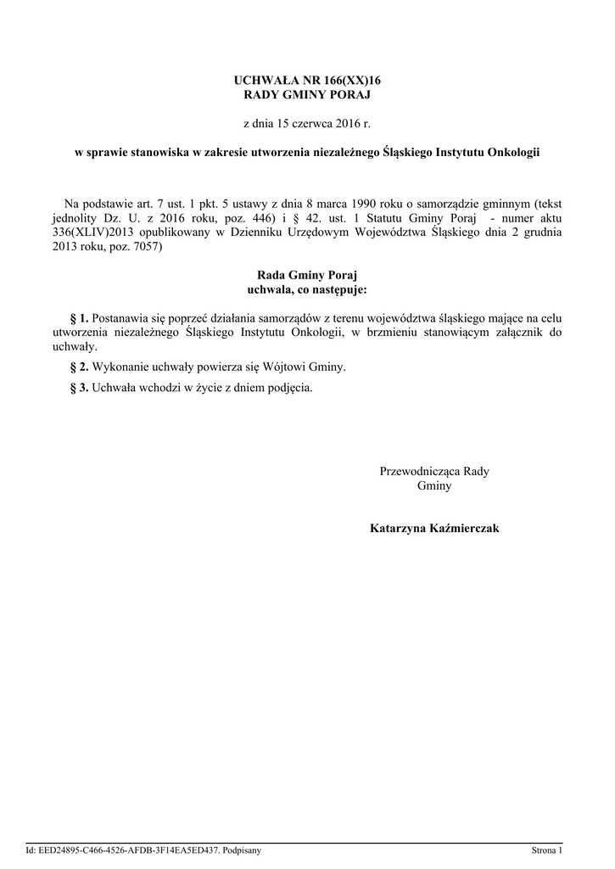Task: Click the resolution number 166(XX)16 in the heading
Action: tap(347, 80)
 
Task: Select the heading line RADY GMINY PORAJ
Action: tap(307, 95)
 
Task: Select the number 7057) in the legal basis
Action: tap(141, 246)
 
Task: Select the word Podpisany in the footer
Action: tap(241, 849)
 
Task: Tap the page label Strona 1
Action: tap(546, 849)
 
